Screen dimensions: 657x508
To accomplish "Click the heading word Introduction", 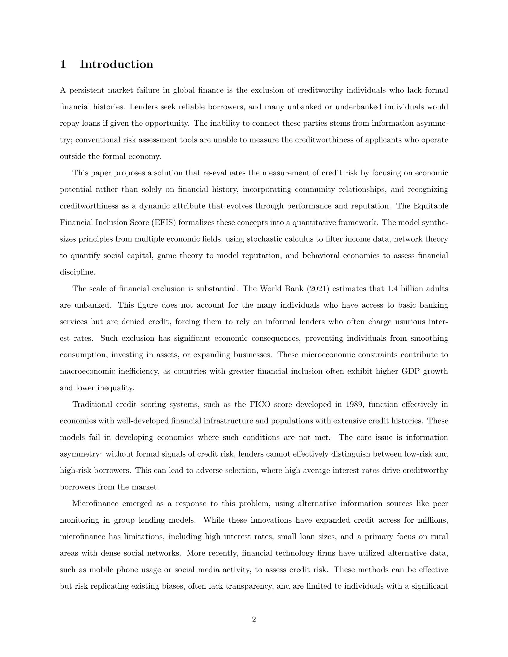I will pos(117,65).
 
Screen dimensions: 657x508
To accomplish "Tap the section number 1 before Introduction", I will pos(63,65).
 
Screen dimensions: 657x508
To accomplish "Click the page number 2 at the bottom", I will pos(254,619).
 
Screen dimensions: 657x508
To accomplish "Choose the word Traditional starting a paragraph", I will pos(92,404).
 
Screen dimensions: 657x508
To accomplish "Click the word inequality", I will pos(116,388).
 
